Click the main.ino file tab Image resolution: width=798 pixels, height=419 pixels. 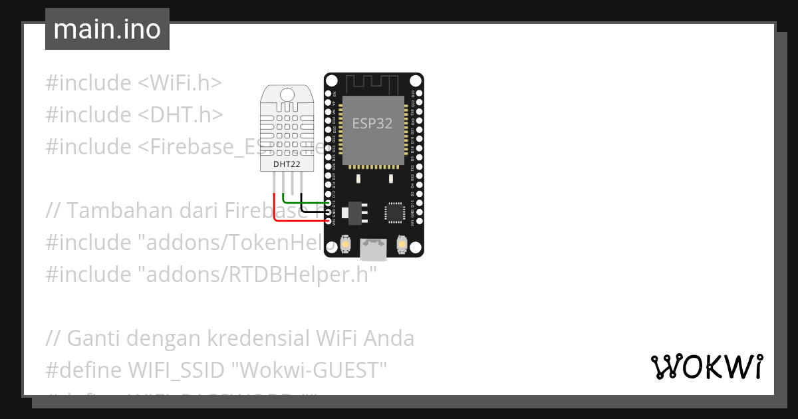(x=107, y=29)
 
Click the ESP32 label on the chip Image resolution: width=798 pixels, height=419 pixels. (x=372, y=124)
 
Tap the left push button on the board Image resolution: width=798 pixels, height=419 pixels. (x=345, y=245)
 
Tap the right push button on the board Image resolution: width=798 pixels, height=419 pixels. (x=401, y=245)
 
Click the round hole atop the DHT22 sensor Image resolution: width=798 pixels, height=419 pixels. (x=287, y=94)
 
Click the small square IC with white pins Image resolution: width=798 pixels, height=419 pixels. (x=394, y=212)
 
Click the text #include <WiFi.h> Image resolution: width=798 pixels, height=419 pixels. (x=133, y=83)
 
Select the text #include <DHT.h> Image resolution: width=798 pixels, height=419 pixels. (x=134, y=114)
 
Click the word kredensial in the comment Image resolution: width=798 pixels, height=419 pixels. (x=252, y=339)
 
